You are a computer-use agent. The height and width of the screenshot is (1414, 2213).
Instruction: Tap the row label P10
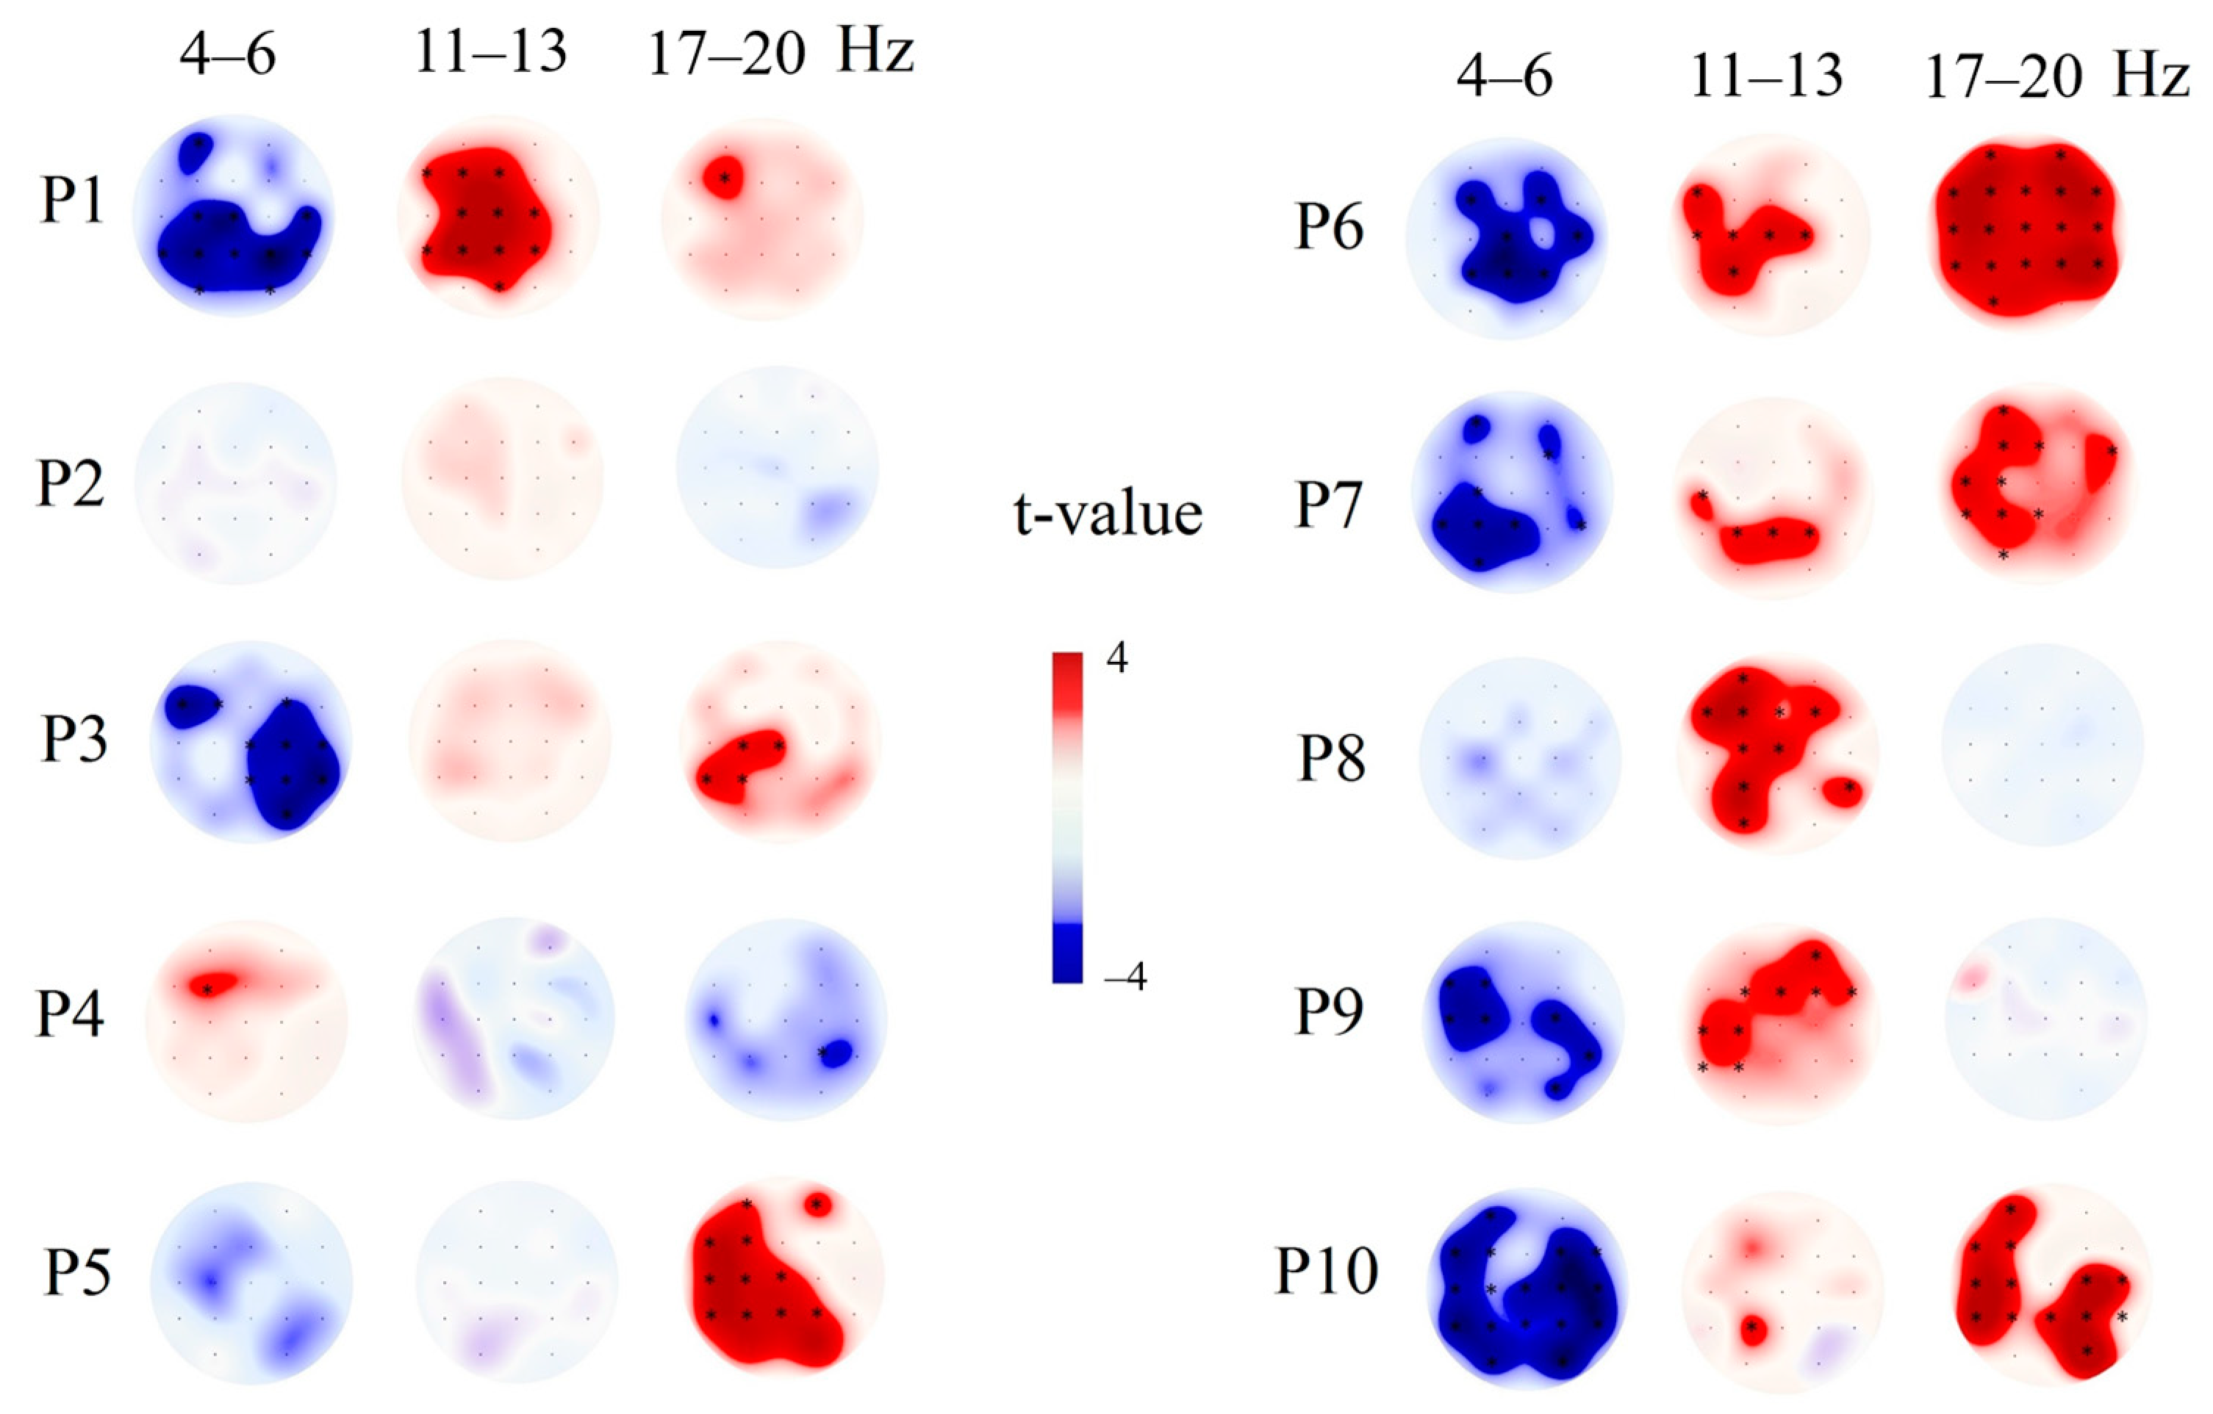[1325, 1271]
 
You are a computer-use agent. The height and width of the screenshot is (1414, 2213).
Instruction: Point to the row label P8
[1331, 759]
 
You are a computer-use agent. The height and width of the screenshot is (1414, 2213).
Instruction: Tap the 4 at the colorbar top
[1116, 659]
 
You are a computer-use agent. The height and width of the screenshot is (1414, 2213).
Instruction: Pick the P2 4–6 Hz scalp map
[235, 483]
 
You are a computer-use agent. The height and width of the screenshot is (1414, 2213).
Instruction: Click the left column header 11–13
[491, 52]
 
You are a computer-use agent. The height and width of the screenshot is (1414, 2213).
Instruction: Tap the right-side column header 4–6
[1504, 76]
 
